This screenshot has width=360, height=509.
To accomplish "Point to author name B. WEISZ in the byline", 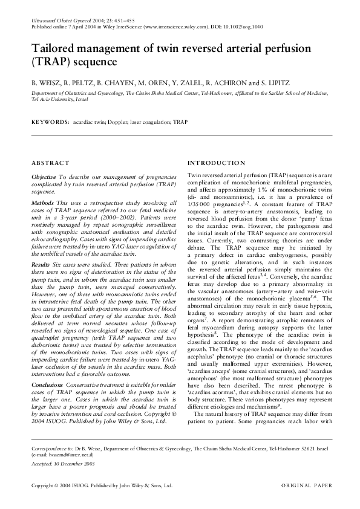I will click(x=45, y=80).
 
